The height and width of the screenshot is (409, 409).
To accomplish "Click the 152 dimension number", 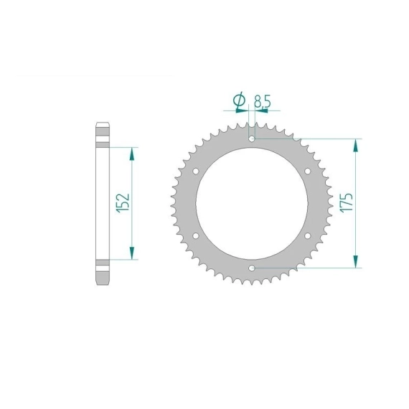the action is pos(123,203).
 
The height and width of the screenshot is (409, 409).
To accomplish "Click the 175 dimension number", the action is pos(347,202).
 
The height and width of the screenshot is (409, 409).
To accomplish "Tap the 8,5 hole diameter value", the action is pos(263,101).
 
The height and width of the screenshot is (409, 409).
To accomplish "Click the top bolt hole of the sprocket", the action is pos(252,138).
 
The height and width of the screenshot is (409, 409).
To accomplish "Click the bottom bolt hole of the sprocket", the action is pos(252,268).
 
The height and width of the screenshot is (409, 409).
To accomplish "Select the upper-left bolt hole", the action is pos(196,171).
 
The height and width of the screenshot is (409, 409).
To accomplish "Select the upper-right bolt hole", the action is pos(308,171).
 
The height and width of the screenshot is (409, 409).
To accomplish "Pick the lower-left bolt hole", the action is pos(196,236).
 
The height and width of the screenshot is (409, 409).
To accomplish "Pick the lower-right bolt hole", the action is pos(308,236).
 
